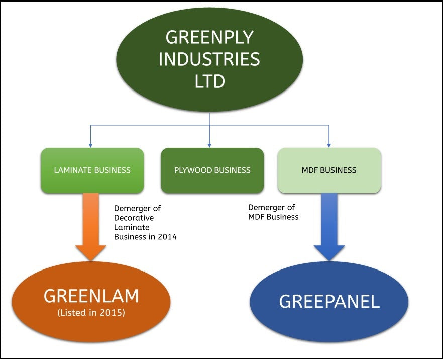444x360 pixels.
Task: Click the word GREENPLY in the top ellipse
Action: point(209,37)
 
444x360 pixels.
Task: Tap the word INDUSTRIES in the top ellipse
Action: point(209,59)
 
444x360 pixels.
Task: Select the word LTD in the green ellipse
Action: point(209,81)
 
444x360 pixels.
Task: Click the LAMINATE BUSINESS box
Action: point(92,170)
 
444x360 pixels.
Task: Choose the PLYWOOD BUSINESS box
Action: point(212,170)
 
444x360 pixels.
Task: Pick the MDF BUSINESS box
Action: point(329,170)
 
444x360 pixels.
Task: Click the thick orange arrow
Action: point(91,226)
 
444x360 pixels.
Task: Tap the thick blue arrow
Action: point(329,226)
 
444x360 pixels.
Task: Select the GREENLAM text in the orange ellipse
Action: point(91,296)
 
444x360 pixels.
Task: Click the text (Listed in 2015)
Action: point(91,313)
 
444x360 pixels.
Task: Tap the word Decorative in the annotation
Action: point(134,218)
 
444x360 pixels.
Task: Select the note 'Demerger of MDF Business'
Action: point(273,212)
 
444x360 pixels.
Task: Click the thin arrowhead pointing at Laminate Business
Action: point(91,145)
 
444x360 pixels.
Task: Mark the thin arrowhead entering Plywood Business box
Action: point(209,145)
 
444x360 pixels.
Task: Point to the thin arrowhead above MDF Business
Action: point(329,145)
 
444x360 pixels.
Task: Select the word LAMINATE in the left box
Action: point(73,170)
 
